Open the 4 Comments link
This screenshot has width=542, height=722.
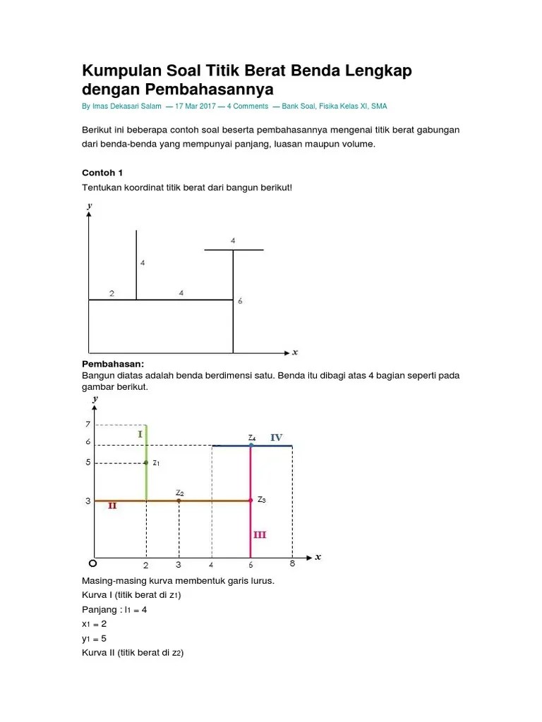pos(248,106)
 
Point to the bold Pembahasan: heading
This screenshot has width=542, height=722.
pos(113,364)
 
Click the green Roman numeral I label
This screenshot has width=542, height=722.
pos(140,435)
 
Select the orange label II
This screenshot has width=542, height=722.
pos(112,506)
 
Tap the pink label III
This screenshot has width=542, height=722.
pos(260,535)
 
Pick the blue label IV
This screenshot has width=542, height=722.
pos(276,438)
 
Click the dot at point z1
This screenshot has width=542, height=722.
pos(146,463)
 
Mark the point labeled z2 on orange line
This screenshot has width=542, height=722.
pos(179,501)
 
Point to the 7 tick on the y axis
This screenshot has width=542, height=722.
pos(88,424)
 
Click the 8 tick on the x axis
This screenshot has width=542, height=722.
pos(292,563)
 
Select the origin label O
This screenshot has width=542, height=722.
pos(92,565)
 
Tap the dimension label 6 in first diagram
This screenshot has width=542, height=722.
pos(240,301)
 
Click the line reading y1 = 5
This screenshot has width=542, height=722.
pos(95,639)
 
